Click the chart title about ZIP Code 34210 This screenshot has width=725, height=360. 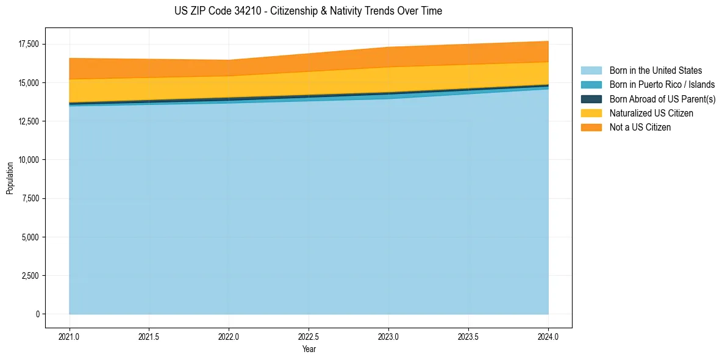click(x=308, y=11)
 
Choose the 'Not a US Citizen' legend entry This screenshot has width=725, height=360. click(x=640, y=127)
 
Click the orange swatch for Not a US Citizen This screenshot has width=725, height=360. click(x=591, y=127)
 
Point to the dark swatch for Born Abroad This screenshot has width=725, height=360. click(x=591, y=99)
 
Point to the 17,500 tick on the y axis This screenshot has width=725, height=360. click(x=28, y=44)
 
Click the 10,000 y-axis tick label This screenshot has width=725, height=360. click(x=28, y=160)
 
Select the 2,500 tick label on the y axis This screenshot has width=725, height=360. click(x=30, y=276)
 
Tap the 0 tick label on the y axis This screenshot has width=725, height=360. click(x=37, y=314)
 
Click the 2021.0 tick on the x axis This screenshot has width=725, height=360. click(x=70, y=336)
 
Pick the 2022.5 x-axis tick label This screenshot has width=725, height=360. click(x=309, y=336)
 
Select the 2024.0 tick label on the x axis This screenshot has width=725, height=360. click(x=548, y=336)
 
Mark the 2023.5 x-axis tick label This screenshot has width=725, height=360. click(x=468, y=336)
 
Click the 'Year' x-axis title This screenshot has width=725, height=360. click(x=309, y=349)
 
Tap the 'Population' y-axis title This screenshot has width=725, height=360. click(x=10, y=178)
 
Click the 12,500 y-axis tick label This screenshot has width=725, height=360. click(x=28, y=121)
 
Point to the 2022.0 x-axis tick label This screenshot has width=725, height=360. click(x=229, y=336)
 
